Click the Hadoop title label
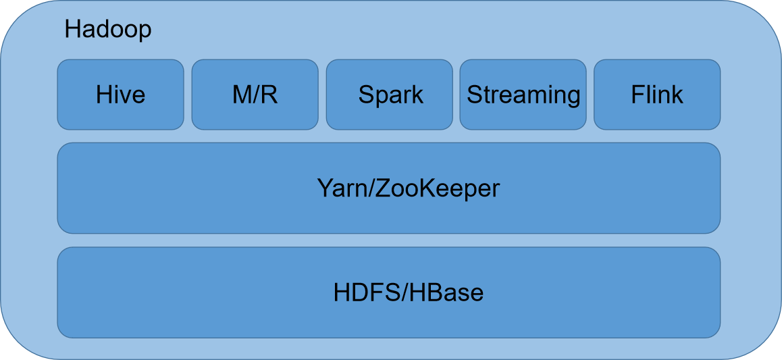tap(108, 31)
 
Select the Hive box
tap(121, 95)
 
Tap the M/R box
tap(255, 95)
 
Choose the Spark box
tap(390, 95)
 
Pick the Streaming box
tap(523, 95)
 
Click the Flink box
tap(657, 95)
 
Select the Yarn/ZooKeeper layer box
tap(389, 188)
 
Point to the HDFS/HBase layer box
tap(389, 292)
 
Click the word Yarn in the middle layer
tap(338, 189)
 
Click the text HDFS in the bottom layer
tap(367, 293)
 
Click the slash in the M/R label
tap(255, 95)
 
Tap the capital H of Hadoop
tap(73, 31)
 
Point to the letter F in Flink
tap(638, 95)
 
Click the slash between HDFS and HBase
tap(406, 293)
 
